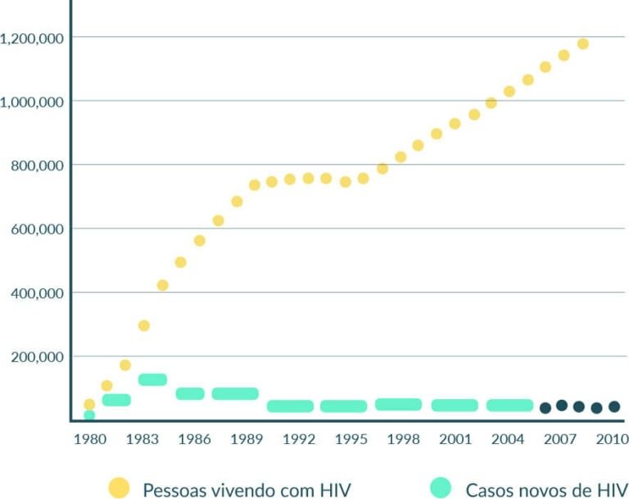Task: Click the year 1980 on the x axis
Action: point(90,439)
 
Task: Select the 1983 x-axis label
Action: point(142,439)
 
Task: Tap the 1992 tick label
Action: point(299,439)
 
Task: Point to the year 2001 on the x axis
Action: point(455,439)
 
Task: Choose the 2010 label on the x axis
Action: point(612,439)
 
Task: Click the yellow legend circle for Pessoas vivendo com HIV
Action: point(120,489)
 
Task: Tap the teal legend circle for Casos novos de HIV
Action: point(441,489)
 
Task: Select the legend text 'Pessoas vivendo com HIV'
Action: point(247,490)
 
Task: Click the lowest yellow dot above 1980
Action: point(89,404)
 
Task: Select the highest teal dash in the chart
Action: point(152,379)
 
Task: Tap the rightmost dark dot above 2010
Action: point(614,406)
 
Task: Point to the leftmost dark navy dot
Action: point(545,407)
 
